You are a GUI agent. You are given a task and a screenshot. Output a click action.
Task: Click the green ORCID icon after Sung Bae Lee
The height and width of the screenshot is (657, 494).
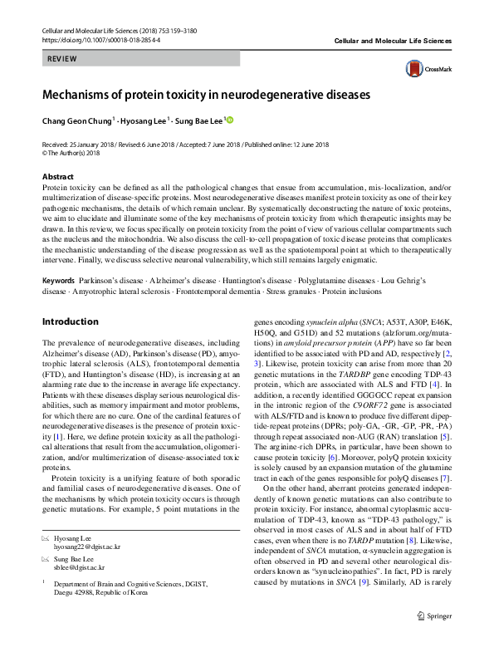[230, 120]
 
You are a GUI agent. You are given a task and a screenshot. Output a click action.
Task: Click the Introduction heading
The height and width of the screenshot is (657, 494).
[70, 321]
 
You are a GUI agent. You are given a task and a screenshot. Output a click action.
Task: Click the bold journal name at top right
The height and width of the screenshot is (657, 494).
[393, 41]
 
